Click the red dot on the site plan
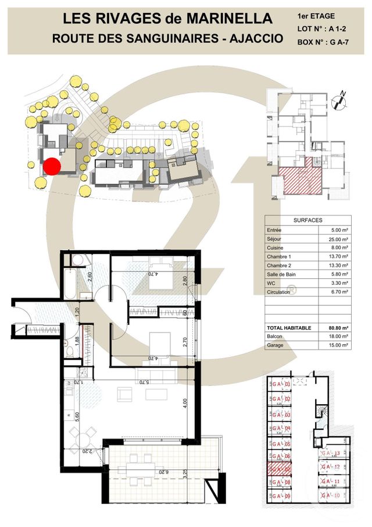(52, 166)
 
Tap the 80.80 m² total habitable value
(336, 328)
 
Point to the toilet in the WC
(69, 352)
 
